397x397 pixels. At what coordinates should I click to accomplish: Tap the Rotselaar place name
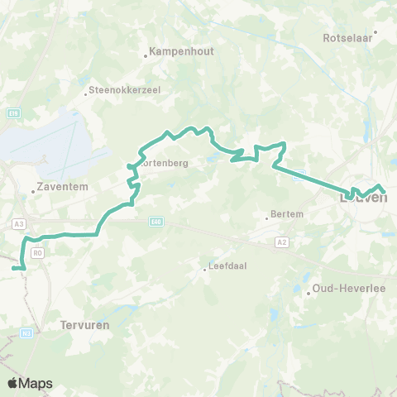pos(348,38)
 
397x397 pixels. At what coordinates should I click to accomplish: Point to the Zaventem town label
pos(59,188)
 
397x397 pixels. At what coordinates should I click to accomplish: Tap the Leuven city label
pos(364,198)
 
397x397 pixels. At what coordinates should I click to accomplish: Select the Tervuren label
pos(85,326)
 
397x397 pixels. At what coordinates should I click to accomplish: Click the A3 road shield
pos(18,223)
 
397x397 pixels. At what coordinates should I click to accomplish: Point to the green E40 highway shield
pos(157,221)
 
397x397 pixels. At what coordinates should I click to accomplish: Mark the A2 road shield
pos(281,242)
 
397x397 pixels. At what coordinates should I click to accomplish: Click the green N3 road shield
pos(26,332)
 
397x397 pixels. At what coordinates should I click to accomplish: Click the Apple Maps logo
pos(31,383)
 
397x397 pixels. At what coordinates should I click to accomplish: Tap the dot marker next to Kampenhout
pos(146,56)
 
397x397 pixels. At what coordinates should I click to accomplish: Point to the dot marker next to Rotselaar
pos(375,33)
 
